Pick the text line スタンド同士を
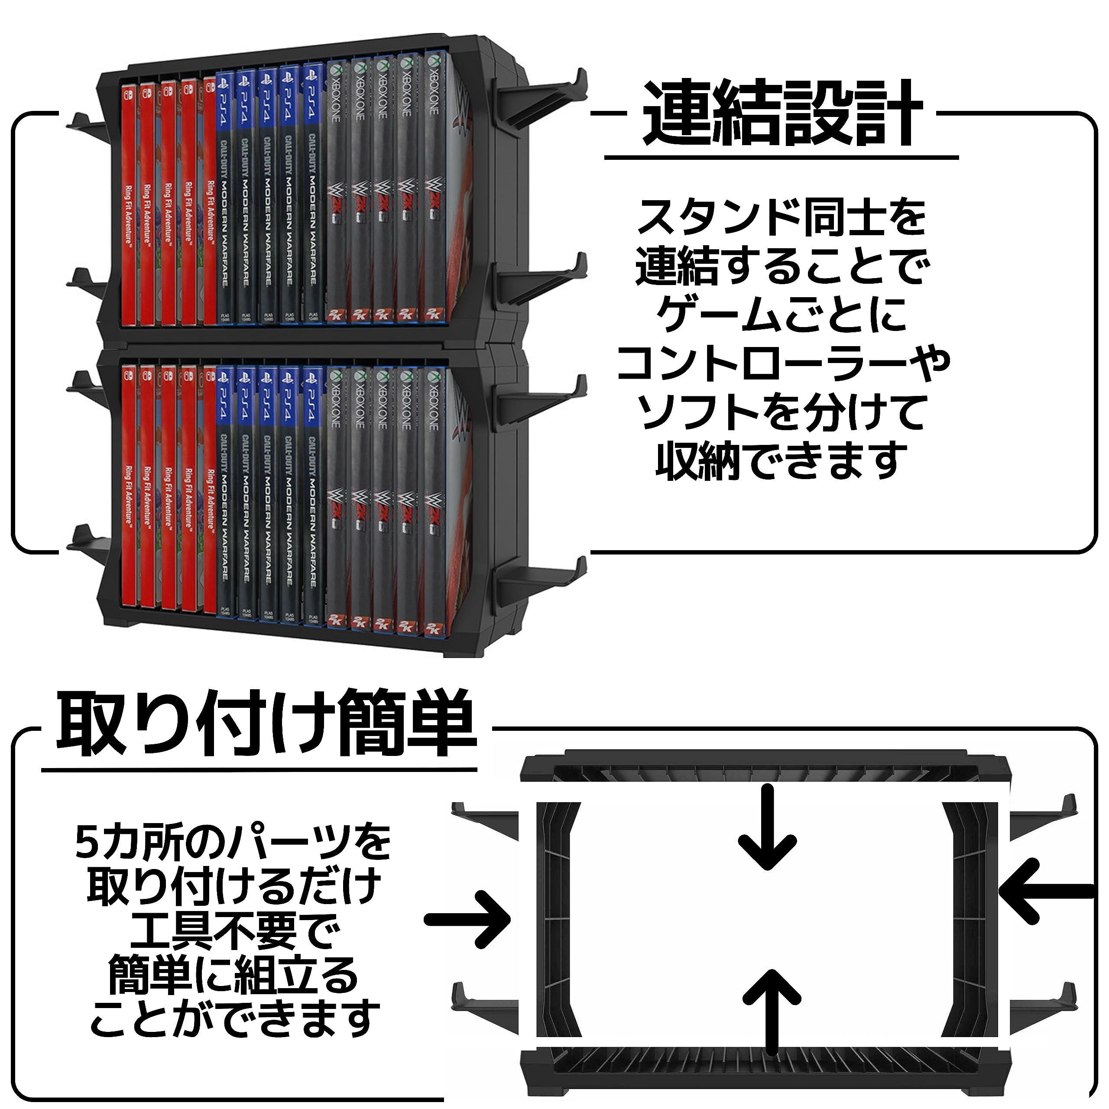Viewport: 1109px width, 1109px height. coord(782,217)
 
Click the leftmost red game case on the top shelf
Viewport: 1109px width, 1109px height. coord(130,201)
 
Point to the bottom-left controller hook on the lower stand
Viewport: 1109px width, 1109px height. coord(86,540)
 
